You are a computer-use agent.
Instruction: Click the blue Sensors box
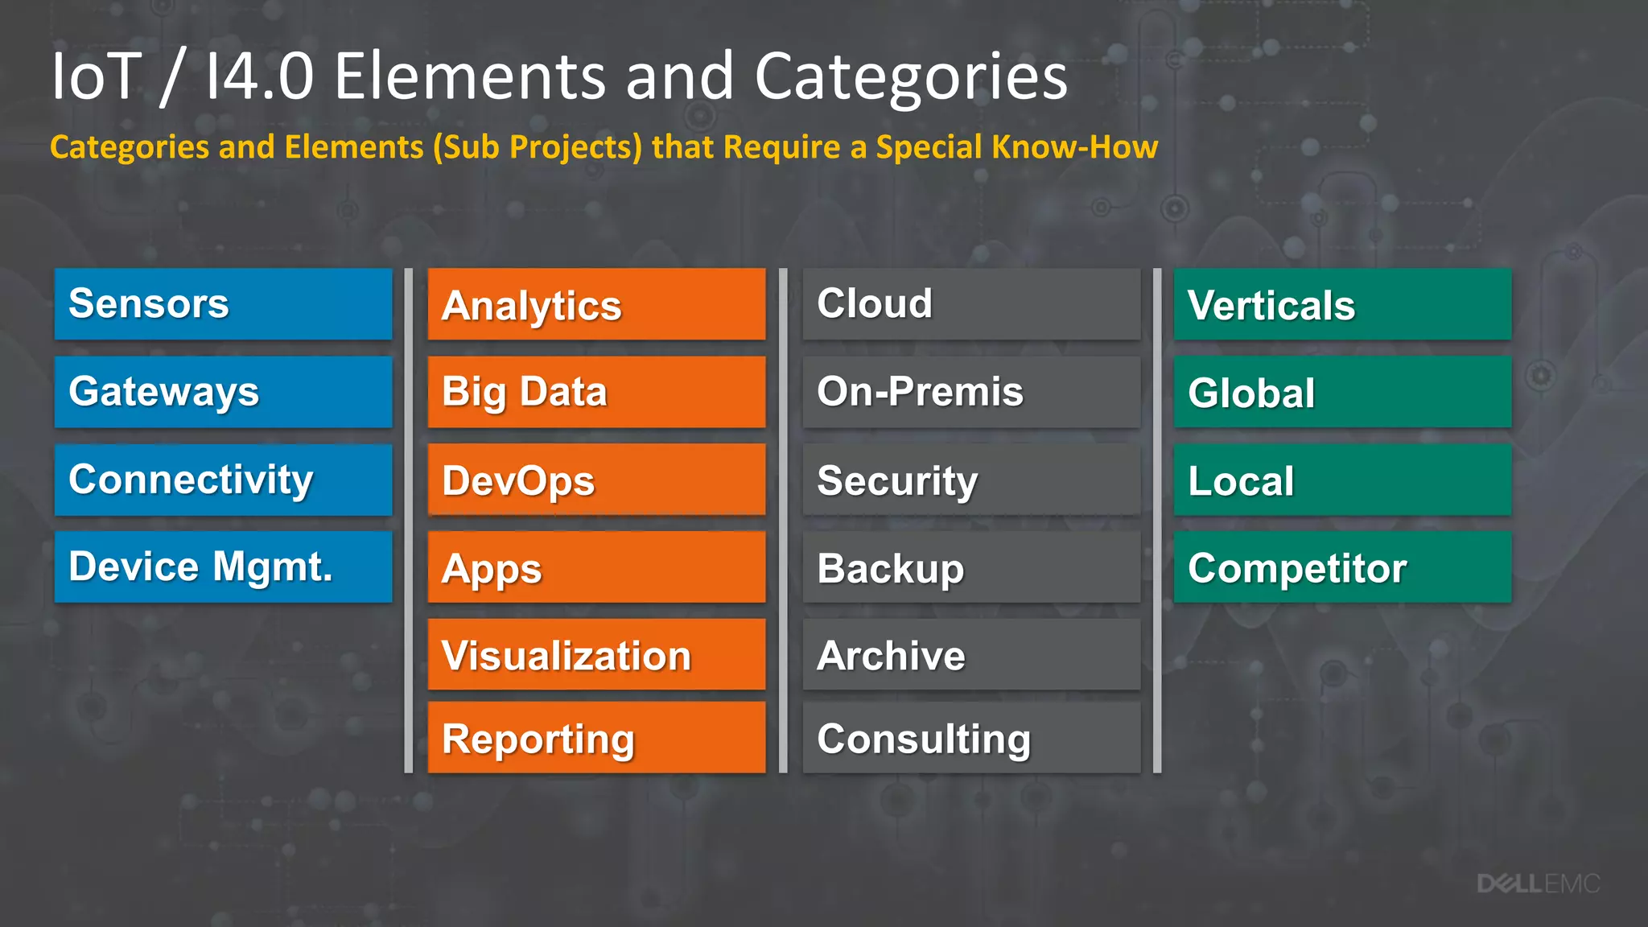tap(223, 304)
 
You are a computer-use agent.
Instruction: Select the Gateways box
tap(223, 392)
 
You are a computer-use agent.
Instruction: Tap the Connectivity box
tap(223, 480)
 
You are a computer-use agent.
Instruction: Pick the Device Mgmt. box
tap(223, 566)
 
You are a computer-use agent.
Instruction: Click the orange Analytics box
tap(596, 304)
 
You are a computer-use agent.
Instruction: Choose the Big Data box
tap(596, 392)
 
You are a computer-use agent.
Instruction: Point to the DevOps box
tap(596, 480)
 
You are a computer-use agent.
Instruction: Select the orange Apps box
tap(596, 567)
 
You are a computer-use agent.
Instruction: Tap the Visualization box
tap(596, 654)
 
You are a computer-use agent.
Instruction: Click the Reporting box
tap(596, 738)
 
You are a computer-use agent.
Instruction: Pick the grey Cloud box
tap(971, 304)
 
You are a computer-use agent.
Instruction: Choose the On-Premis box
tap(971, 392)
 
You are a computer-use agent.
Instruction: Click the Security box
tap(971, 480)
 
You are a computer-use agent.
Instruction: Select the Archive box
tap(971, 654)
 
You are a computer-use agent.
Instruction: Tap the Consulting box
tap(971, 738)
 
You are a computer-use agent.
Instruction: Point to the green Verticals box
tap(1342, 304)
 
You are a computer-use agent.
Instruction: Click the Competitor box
tap(1342, 567)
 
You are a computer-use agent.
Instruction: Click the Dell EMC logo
tap(1538, 884)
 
